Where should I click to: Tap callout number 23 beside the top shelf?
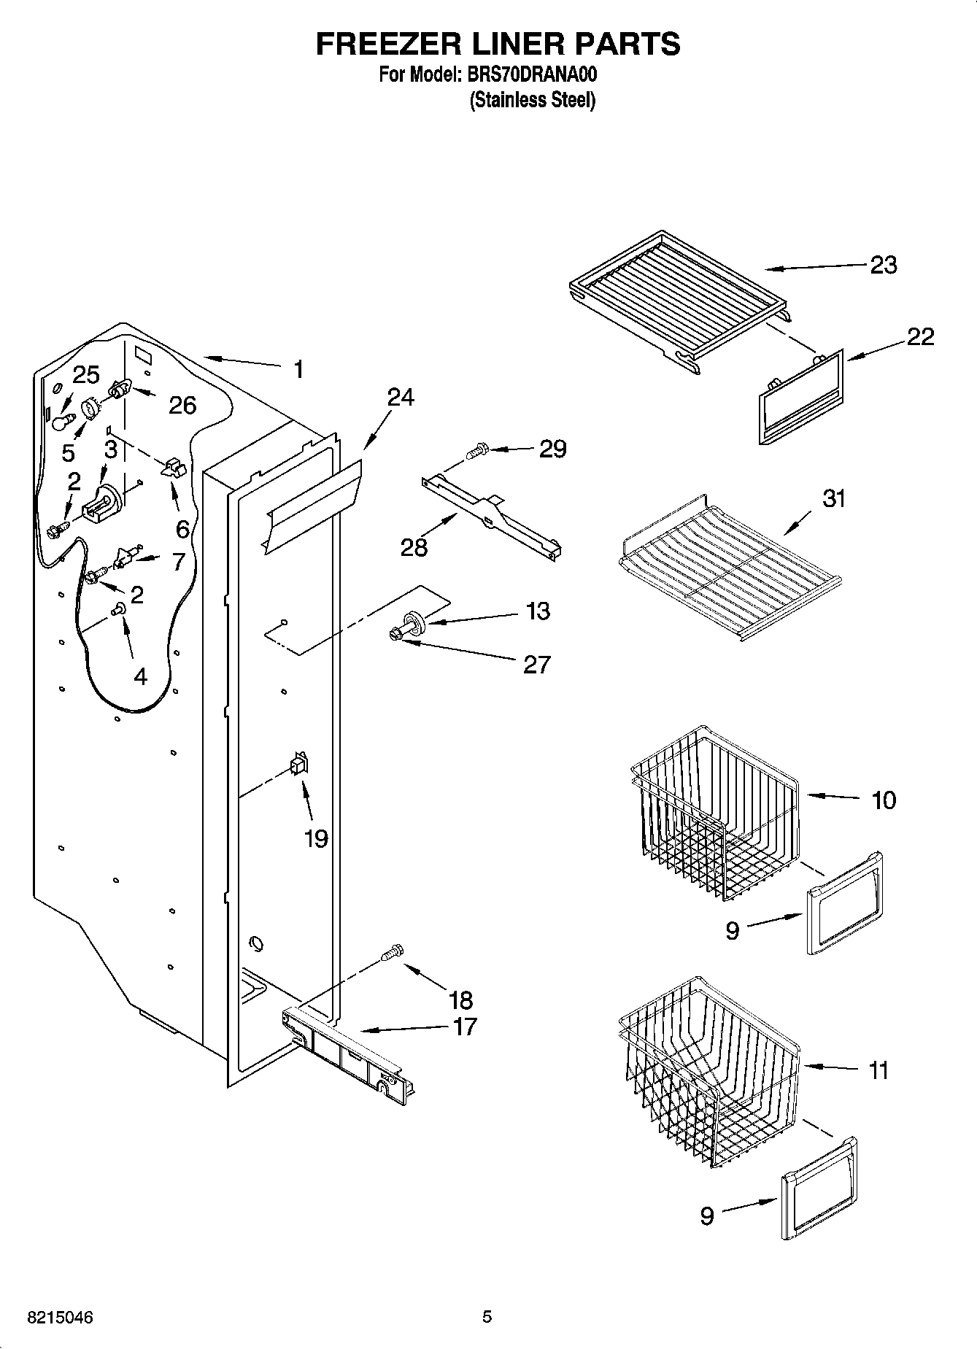click(x=883, y=265)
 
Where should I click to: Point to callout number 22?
click(x=920, y=337)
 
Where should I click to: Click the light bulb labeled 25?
click(x=63, y=421)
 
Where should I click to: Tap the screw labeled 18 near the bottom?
click(x=392, y=952)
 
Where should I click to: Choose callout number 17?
click(x=464, y=1027)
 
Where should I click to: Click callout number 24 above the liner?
click(x=400, y=398)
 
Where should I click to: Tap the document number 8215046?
click(x=60, y=1318)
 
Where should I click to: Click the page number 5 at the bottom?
click(x=487, y=1317)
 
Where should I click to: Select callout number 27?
click(x=536, y=665)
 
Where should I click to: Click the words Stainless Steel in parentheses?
click(x=532, y=100)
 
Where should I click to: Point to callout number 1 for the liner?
click(x=298, y=370)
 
